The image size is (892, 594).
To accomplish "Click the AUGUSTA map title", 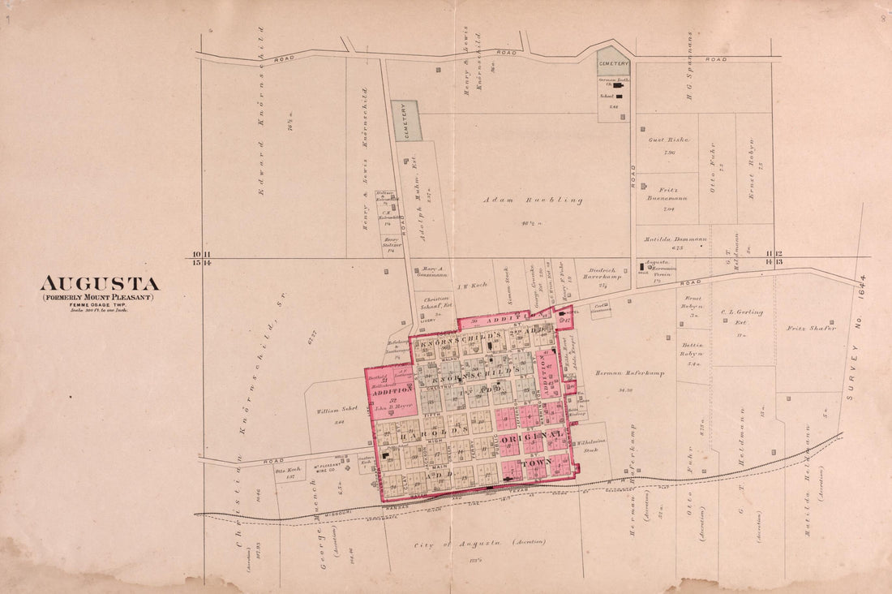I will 100,284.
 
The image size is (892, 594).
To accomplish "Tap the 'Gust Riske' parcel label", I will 667,140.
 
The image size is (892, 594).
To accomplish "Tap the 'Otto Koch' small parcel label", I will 289,470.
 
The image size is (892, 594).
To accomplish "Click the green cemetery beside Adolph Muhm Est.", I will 406,120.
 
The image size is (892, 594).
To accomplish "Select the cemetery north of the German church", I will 614,61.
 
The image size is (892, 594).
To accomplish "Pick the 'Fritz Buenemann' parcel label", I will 667,194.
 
